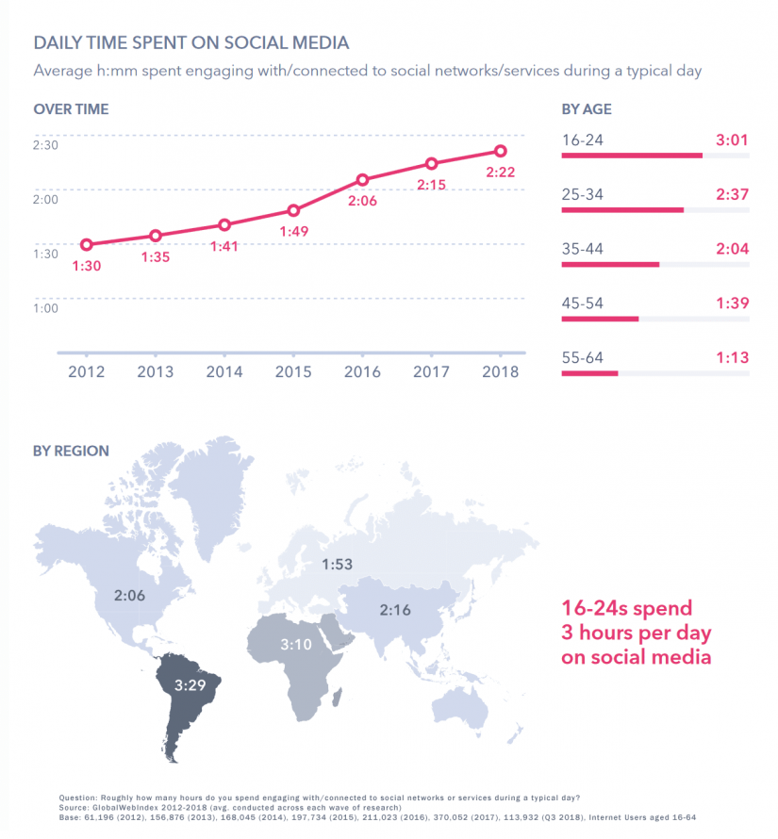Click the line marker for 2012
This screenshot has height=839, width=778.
(86, 244)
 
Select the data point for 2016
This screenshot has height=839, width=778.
(362, 179)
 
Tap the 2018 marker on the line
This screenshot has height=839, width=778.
(501, 151)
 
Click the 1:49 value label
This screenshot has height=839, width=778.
(293, 231)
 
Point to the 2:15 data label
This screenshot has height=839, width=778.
(431, 185)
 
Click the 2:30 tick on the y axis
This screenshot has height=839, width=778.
(46, 145)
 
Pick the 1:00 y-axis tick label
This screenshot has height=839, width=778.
(46, 308)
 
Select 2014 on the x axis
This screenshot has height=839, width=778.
(223, 371)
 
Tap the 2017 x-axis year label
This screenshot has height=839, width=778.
(431, 371)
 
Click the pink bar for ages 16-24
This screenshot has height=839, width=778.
(632, 156)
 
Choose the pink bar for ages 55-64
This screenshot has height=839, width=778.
(589, 373)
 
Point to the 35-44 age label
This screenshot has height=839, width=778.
(582, 249)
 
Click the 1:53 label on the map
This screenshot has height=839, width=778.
(338, 565)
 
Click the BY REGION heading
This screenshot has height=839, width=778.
(71, 451)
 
